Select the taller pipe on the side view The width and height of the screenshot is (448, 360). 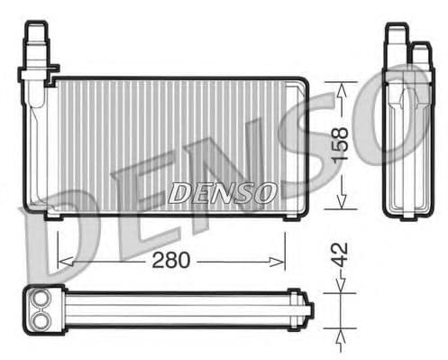pos(396,45)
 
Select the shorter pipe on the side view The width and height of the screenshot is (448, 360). pos(419,54)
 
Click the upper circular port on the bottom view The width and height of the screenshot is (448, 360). pos(40,300)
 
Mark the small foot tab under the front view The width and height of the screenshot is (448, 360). pos(52,215)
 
